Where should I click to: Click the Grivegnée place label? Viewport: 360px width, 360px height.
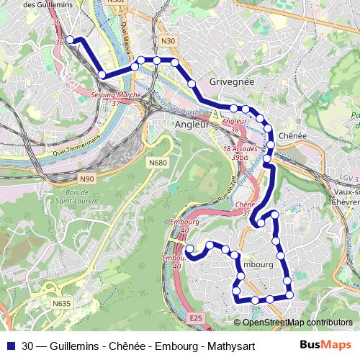pyautogui.click(x=231, y=82)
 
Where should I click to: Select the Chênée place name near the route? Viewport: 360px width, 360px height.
pyautogui.click(x=292, y=135)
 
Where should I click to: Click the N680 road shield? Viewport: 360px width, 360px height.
pyautogui.click(x=158, y=163)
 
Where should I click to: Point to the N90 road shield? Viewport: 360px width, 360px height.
pyautogui.click(x=87, y=179)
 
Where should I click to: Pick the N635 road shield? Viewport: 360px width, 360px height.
pyautogui.click(x=62, y=304)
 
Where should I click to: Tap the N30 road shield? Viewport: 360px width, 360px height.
pyautogui.click(x=168, y=42)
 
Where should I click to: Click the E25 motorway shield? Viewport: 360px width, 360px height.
pyautogui.click(x=194, y=317)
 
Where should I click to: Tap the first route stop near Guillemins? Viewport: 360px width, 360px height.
pyautogui.click(x=70, y=40)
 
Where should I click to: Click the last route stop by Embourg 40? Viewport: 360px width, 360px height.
pyautogui.click(x=190, y=249)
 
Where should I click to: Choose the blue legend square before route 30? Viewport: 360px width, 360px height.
pyautogui.click(x=11, y=345)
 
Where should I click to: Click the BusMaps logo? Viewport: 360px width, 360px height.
pyautogui.click(x=326, y=344)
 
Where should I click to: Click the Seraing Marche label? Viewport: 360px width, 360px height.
pyautogui.click(x=115, y=95)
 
